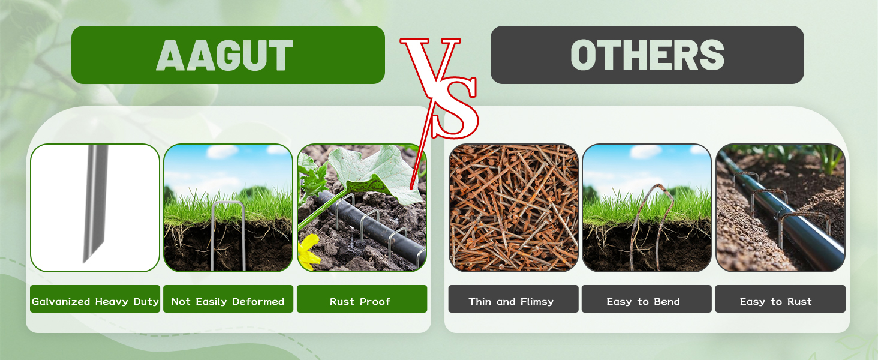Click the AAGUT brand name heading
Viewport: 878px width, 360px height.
point(224,55)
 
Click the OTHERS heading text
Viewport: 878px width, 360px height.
point(647,55)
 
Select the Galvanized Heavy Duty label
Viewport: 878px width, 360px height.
point(95,302)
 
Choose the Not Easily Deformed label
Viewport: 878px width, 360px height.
point(228,302)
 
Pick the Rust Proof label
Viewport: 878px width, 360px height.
point(360,302)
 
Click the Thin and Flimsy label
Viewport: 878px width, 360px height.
point(511,302)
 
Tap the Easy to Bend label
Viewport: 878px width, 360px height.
point(644,302)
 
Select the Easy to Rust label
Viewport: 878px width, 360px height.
point(775,302)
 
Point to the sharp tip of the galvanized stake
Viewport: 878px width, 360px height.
point(85,261)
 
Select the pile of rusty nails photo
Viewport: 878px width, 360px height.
point(513,208)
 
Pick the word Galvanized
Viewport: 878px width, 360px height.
point(61,302)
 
